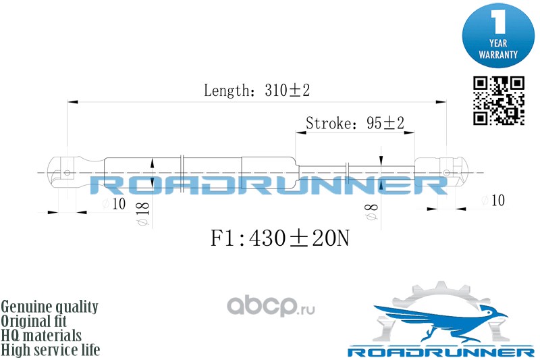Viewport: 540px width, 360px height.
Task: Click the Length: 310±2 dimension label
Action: click(x=251, y=91)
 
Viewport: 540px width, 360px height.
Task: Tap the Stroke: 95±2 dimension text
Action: click(x=354, y=123)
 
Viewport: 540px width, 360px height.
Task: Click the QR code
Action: click(x=499, y=101)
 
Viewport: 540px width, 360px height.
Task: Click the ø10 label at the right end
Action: click(x=493, y=200)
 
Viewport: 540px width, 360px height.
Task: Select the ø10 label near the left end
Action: click(x=114, y=204)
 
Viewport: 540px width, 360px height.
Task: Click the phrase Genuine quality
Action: click(x=50, y=307)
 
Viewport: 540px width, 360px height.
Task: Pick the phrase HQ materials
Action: click(x=42, y=336)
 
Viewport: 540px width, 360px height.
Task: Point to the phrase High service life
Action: click(x=51, y=350)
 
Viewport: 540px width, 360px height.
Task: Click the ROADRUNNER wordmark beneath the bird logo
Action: click(x=440, y=352)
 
